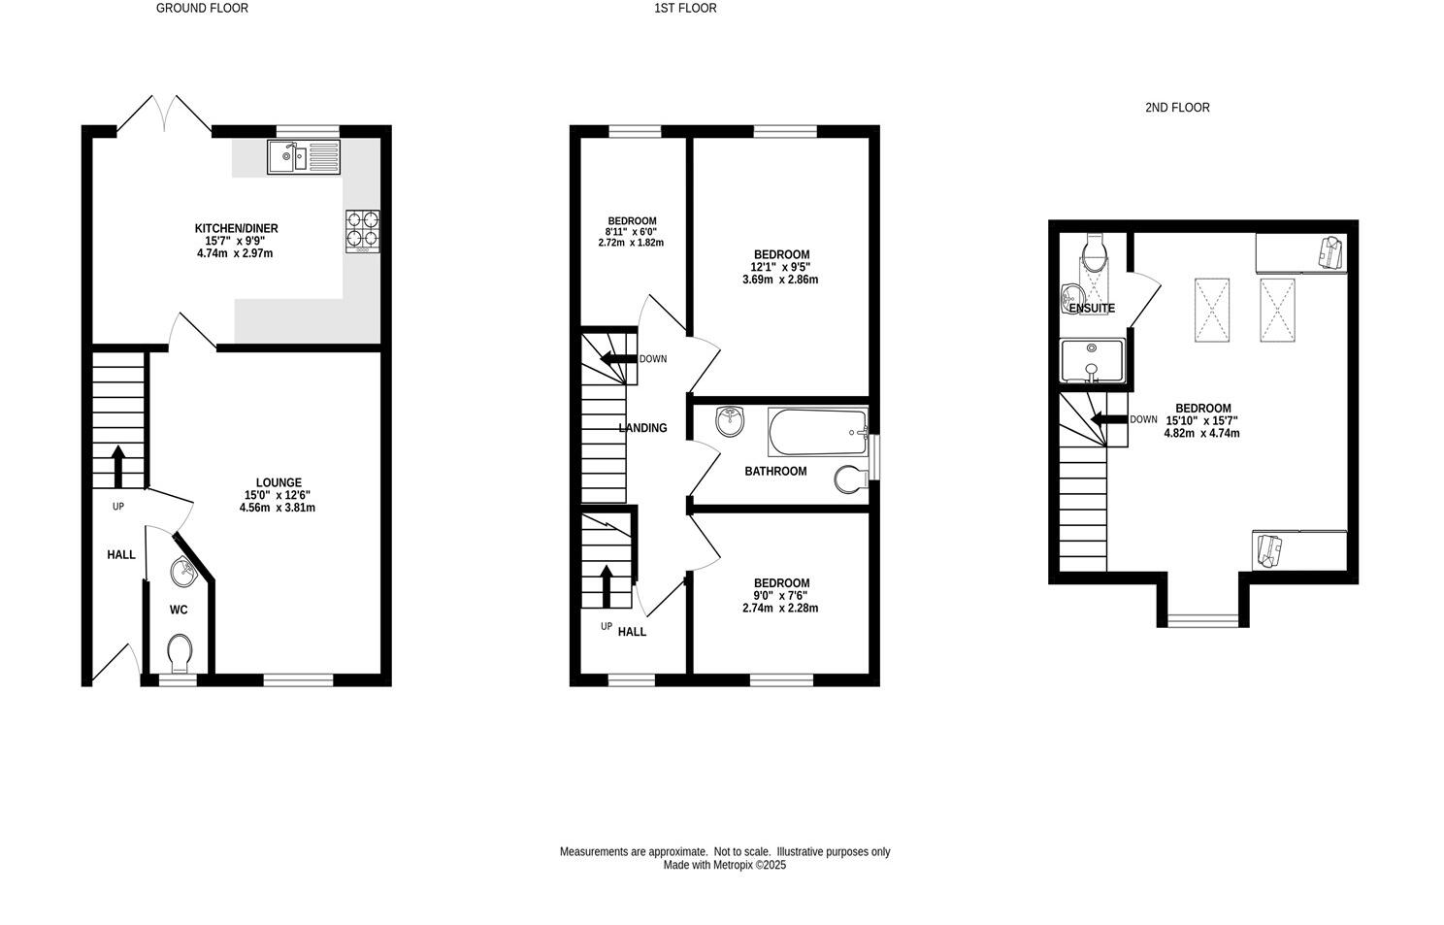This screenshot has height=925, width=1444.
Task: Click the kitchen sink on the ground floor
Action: (x=304, y=156)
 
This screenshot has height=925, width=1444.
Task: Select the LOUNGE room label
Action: (x=279, y=482)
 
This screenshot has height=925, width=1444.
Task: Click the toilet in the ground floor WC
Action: (x=180, y=652)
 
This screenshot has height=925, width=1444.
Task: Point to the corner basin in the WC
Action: (x=182, y=573)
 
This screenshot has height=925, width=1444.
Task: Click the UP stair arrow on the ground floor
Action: (x=118, y=466)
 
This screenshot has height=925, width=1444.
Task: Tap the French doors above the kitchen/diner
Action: (x=164, y=113)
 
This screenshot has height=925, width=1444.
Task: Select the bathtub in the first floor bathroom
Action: (x=817, y=432)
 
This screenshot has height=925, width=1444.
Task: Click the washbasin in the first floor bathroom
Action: (x=730, y=421)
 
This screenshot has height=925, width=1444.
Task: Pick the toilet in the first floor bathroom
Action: (x=851, y=479)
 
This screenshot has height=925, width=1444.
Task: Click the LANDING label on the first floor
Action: (x=642, y=428)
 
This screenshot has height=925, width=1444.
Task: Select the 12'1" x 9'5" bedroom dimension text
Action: (x=781, y=267)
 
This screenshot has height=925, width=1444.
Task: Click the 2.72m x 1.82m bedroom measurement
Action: (x=631, y=243)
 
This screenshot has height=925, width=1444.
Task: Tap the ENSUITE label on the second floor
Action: (x=1091, y=309)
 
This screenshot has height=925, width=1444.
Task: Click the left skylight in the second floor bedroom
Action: (x=1211, y=310)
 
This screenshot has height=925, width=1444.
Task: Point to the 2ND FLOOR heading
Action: (x=1176, y=108)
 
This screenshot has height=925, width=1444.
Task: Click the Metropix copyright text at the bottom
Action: (x=724, y=865)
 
